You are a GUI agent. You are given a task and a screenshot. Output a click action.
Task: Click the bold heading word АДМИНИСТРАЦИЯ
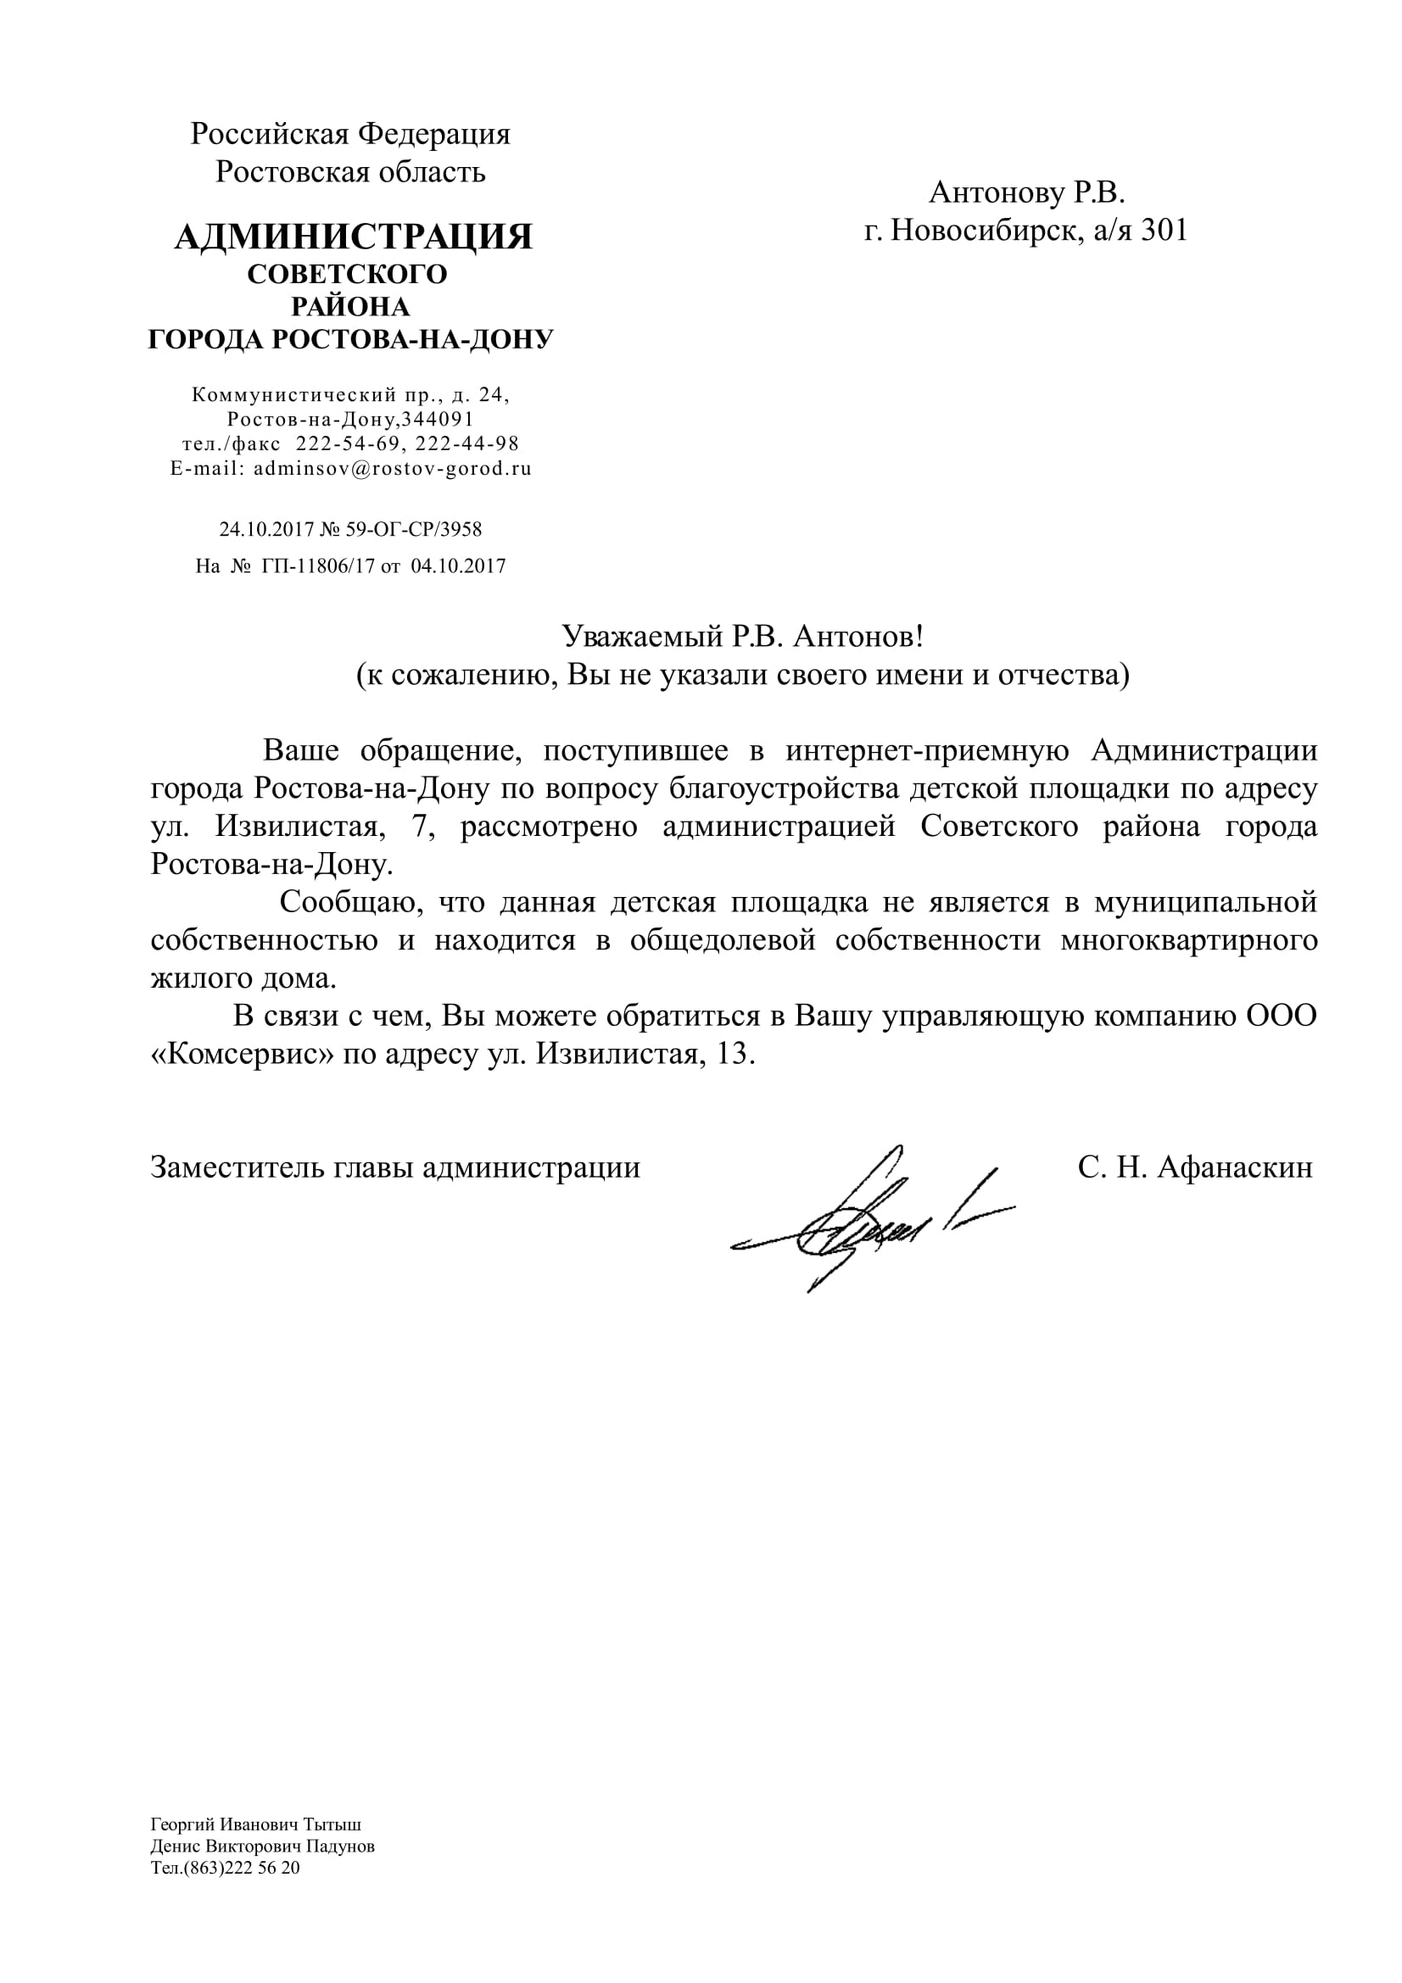tap(354, 237)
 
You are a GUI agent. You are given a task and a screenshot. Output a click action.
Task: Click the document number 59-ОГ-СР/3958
tap(414, 529)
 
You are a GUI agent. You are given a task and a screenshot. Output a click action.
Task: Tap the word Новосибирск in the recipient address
tap(985, 231)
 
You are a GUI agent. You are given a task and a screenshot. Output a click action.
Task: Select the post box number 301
tap(1165, 231)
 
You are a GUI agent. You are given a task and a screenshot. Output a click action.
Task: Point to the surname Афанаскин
tap(1234, 1167)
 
